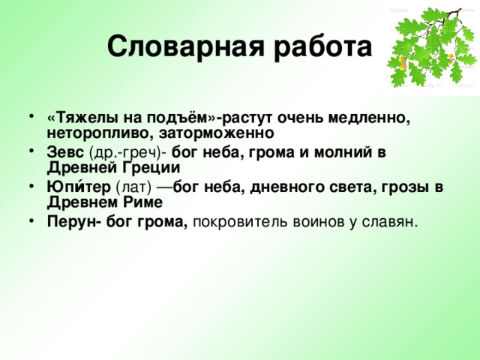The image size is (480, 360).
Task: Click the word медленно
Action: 370,118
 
